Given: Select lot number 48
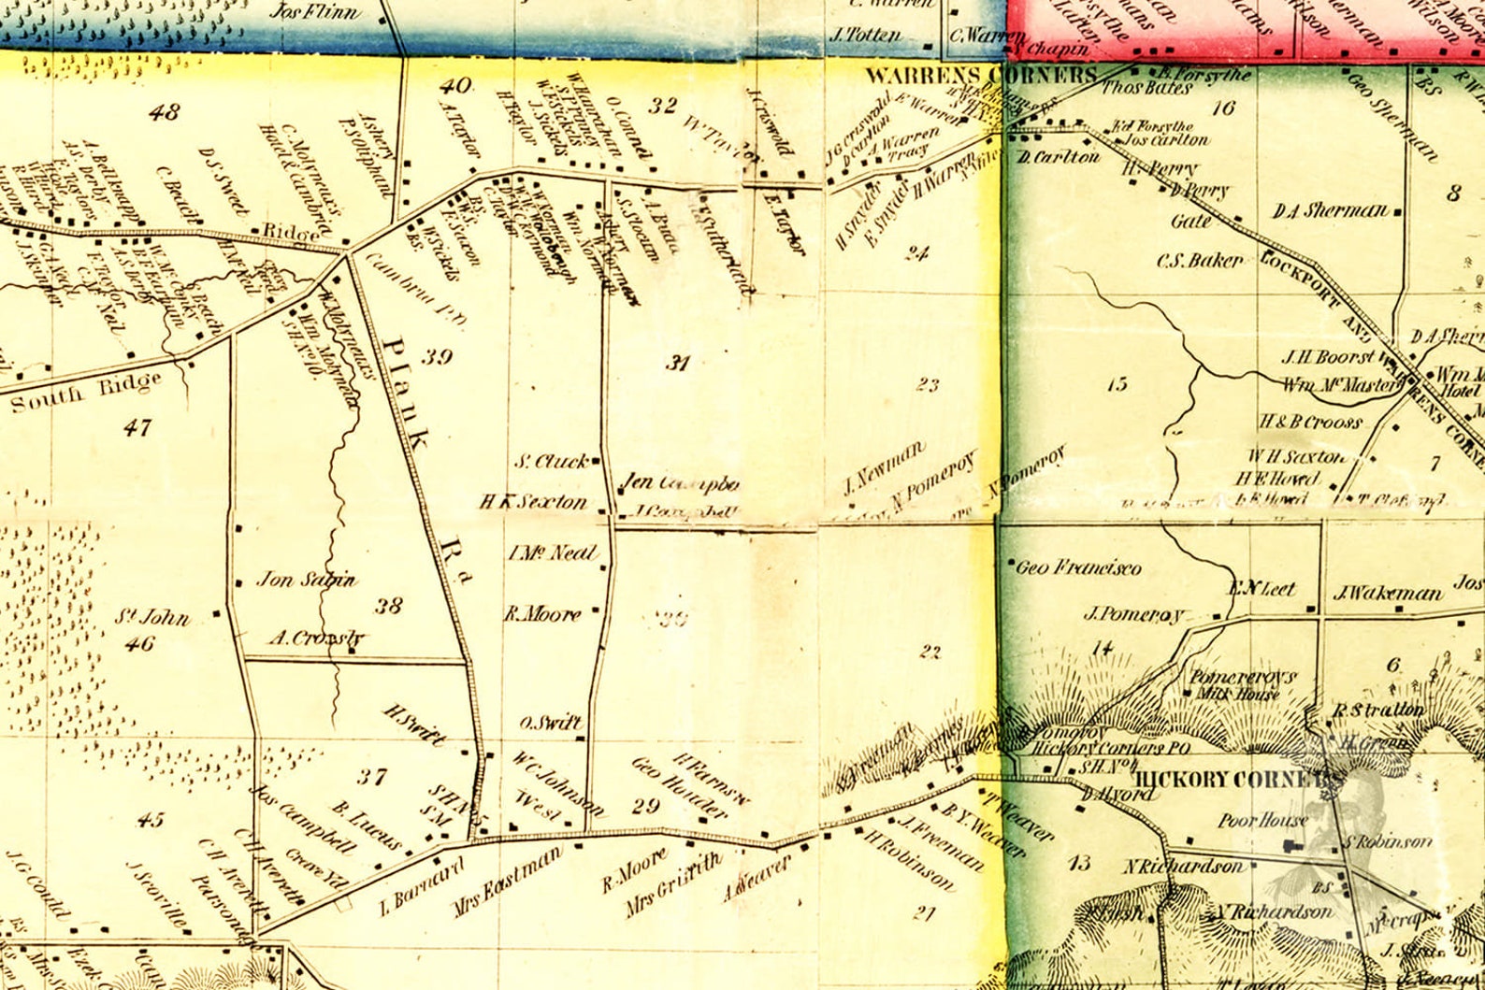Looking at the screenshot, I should [164, 112].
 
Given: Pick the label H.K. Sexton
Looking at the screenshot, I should [533, 502].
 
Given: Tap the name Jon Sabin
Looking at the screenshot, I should [306, 580].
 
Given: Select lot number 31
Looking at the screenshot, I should [677, 363].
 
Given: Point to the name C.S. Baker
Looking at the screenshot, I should [1200, 260].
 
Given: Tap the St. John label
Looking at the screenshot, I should [152, 617].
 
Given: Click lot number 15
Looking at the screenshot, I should [1117, 383].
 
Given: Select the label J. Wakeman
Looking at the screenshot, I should [1388, 593].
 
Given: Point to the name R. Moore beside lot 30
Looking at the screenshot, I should [542, 614].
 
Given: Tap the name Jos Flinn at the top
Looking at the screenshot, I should [314, 11].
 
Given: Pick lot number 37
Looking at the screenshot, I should [371, 776].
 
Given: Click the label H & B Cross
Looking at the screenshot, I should [1310, 423].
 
